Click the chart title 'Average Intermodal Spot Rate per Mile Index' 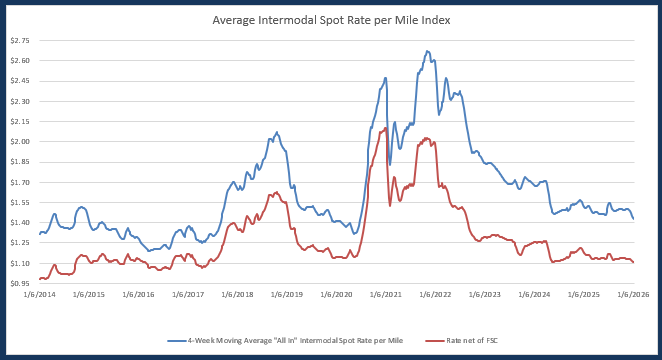pyautogui.click(x=331, y=20)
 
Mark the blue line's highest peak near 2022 pyautogui.click(x=427, y=51)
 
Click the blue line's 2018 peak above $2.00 pyautogui.click(x=277, y=132)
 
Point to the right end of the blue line pyautogui.click(x=633, y=219)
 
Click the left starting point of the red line pyautogui.click(x=39, y=279)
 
